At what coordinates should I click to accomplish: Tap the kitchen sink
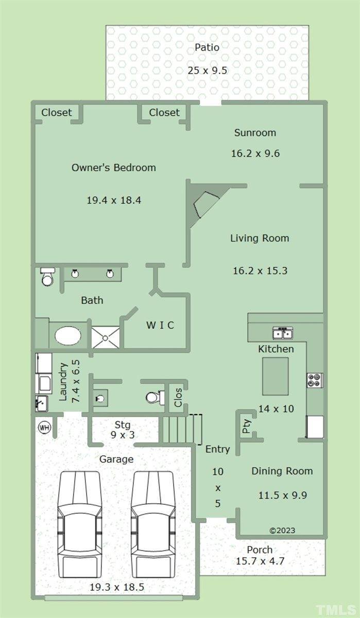click(283, 333)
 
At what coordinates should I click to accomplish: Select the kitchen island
click(276, 376)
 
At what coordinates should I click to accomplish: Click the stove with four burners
click(315, 380)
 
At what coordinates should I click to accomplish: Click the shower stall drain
click(105, 338)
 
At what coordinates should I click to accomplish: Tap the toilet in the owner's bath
click(47, 277)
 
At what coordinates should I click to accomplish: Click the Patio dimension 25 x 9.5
click(208, 71)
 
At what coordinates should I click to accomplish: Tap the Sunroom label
click(255, 133)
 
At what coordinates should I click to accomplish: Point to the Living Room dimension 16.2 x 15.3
click(260, 271)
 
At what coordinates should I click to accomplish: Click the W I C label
click(160, 325)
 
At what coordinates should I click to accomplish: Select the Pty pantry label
click(246, 426)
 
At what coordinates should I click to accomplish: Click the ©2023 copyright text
click(282, 530)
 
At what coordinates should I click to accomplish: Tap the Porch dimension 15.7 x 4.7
click(260, 561)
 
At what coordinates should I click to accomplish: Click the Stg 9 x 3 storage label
click(123, 430)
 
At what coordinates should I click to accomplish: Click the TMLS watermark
click(336, 609)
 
